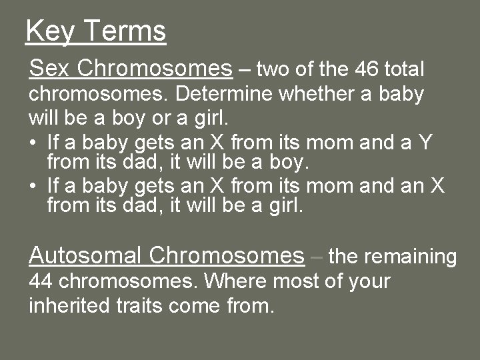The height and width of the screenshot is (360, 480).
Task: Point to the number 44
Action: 41,281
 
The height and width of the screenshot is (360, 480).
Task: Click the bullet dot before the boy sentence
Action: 34,141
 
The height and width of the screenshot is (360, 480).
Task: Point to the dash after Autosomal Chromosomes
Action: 317,256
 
